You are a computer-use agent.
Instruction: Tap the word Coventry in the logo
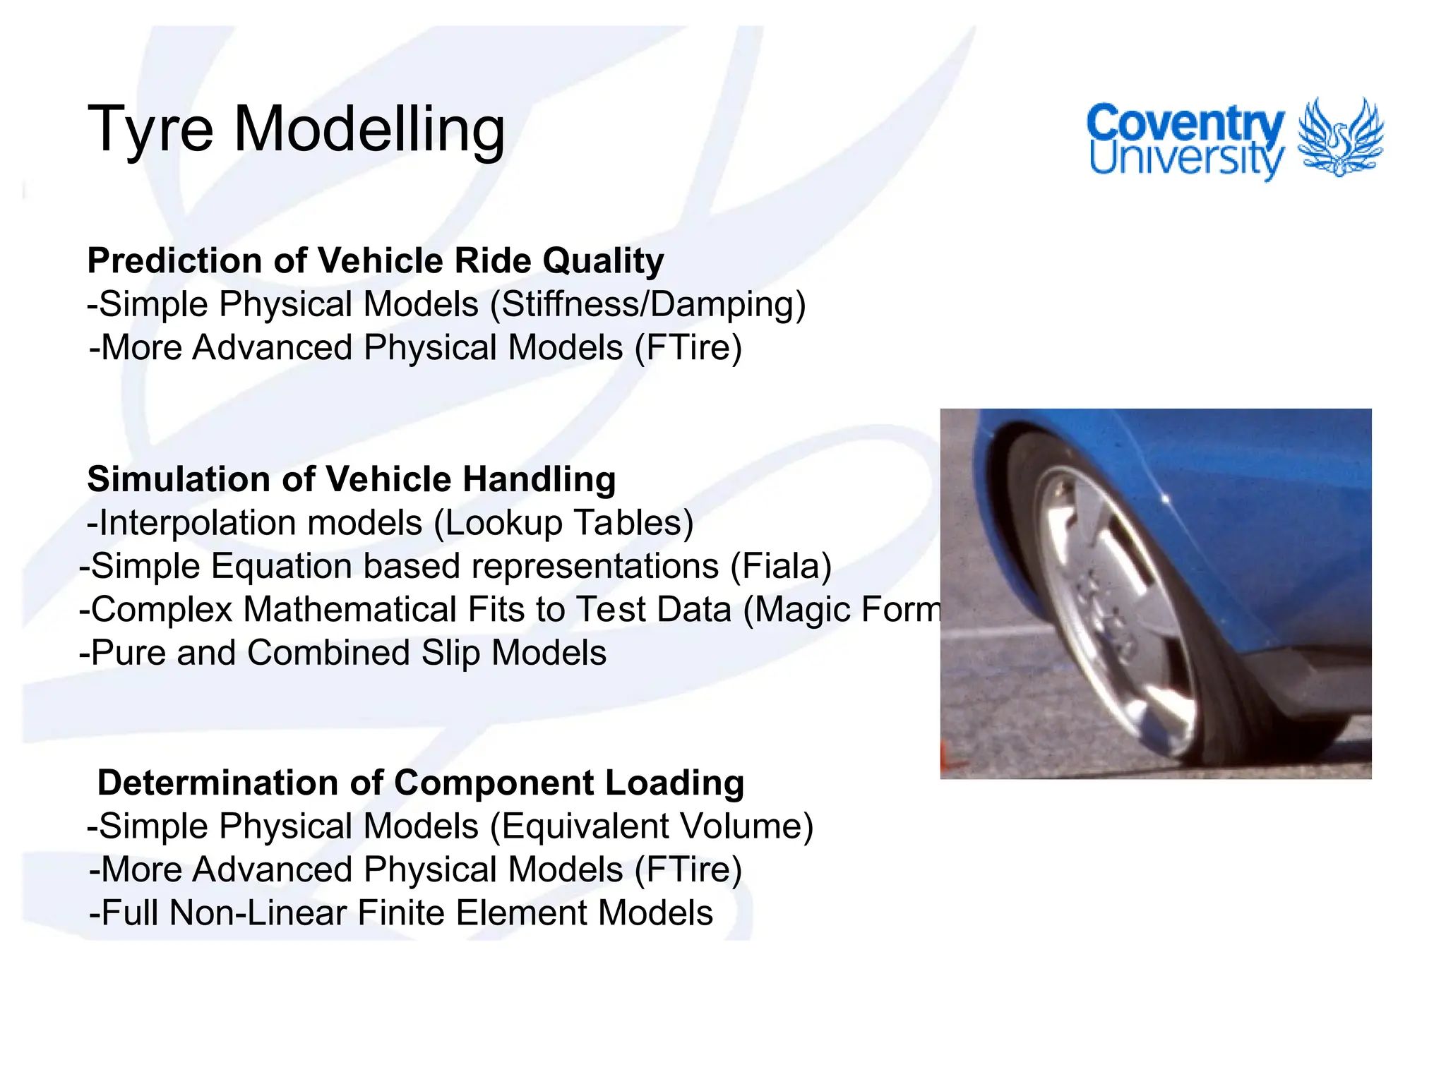click(1185, 124)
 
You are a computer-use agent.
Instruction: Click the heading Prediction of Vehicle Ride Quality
click(375, 260)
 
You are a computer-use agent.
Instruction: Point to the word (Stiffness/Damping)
click(647, 304)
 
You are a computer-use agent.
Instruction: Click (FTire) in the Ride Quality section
click(688, 348)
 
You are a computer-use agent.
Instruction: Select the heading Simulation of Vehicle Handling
click(351, 479)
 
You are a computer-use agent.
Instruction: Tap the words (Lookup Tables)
click(563, 523)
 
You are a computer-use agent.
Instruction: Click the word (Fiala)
click(781, 566)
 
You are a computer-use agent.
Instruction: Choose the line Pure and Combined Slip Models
click(343, 653)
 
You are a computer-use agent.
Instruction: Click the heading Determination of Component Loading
click(420, 783)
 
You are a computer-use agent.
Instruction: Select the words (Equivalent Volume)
click(651, 826)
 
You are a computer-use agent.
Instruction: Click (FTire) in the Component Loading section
click(688, 869)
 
